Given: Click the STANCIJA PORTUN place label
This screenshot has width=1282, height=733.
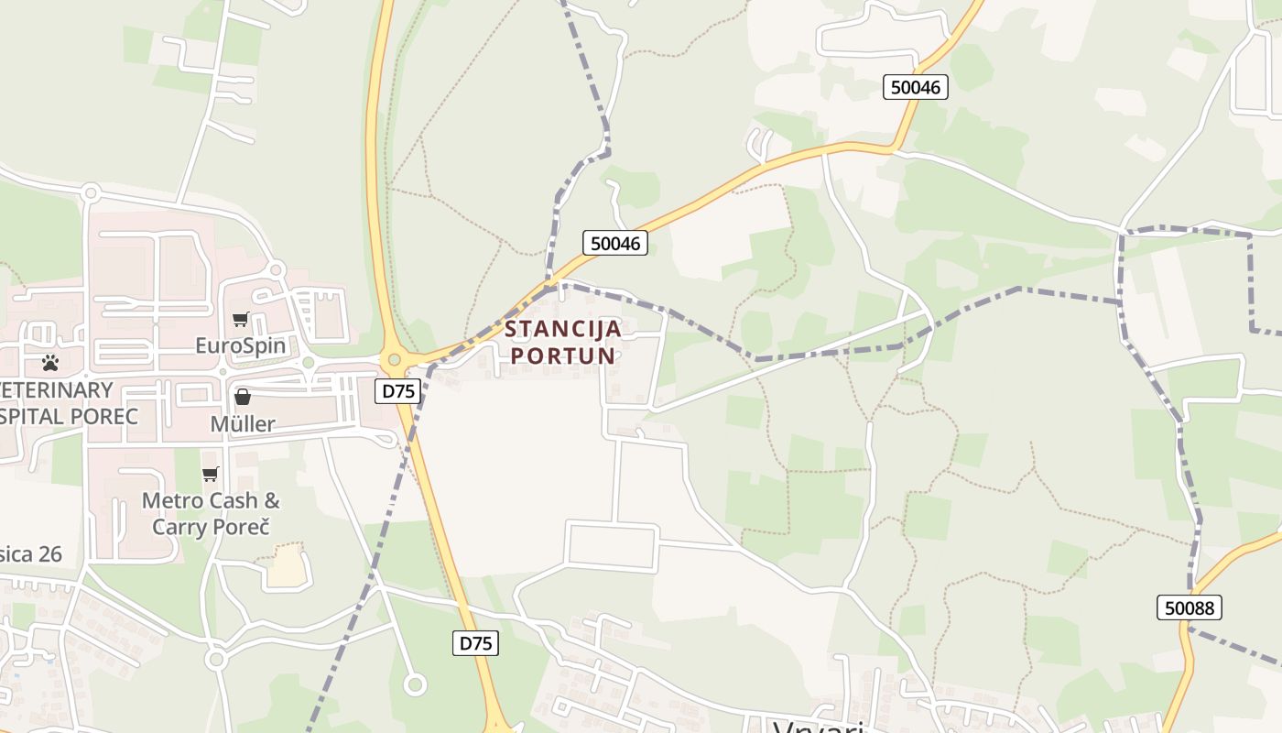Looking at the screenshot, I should [x=563, y=342].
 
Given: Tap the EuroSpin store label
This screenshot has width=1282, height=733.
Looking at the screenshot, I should [x=241, y=346].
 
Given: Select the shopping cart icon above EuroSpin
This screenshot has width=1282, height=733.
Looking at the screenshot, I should [x=240, y=320].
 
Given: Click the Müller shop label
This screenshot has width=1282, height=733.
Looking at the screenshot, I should [x=243, y=424].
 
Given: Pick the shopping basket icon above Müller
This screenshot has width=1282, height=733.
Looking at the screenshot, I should [x=243, y=397].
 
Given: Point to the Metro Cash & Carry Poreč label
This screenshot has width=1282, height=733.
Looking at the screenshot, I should [x=212, y=514].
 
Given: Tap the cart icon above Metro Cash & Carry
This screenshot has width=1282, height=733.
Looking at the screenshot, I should [x=211, y=474].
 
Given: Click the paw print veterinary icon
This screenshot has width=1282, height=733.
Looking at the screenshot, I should [x=50, y=363].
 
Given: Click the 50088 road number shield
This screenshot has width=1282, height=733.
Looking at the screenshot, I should [x=1189, y=607].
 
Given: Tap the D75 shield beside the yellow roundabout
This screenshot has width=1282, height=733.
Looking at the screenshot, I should [x=398, y=391].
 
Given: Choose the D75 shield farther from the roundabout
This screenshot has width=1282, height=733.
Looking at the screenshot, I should [x=475, y=643].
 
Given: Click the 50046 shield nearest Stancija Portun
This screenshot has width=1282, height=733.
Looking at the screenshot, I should [x=615, y=243].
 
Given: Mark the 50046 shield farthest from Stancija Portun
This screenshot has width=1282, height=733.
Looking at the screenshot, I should [x=916, y=87].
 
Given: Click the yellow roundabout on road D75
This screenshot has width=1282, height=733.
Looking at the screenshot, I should [x=395, y=360].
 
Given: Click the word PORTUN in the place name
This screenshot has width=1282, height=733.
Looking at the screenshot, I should [x=563, y=356].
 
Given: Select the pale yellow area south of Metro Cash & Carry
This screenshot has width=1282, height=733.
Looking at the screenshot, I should [x=287, y=566].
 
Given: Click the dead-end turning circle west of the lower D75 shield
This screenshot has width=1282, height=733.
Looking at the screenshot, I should [x=415, y=684].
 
